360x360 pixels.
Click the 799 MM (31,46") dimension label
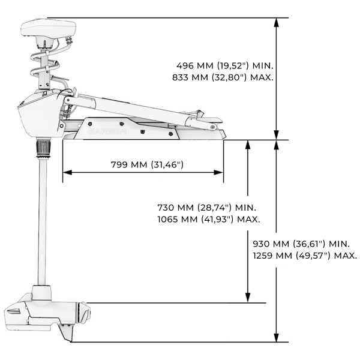tap(147, 164)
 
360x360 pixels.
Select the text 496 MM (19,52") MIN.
tap(224, 65)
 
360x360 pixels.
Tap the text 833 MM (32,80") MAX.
tap(224, 77)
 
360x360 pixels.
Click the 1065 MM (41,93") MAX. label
tap(208, 219)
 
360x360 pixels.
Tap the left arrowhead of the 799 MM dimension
tap(65, 172)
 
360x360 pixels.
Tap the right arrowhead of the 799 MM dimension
tap(220, 172)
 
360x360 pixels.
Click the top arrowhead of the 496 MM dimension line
tap(276, 22)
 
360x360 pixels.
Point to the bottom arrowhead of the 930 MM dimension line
tap(276, 339)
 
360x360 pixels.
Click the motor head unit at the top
tap(49, 28)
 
